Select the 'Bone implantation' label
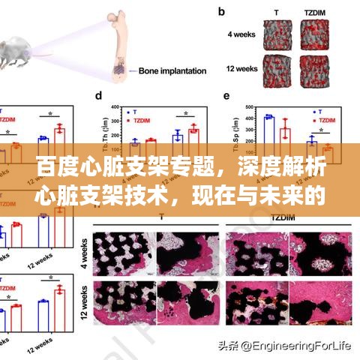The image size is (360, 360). click(172, 71)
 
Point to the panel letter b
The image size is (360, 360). click(222, 12)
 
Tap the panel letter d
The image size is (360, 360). click(98, 96)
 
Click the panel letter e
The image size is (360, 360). click(227, 96)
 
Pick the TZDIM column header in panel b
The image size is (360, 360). click(316, 12)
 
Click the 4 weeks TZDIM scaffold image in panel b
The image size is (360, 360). click(316, 34)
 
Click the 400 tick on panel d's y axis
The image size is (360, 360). click(115, 107)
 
